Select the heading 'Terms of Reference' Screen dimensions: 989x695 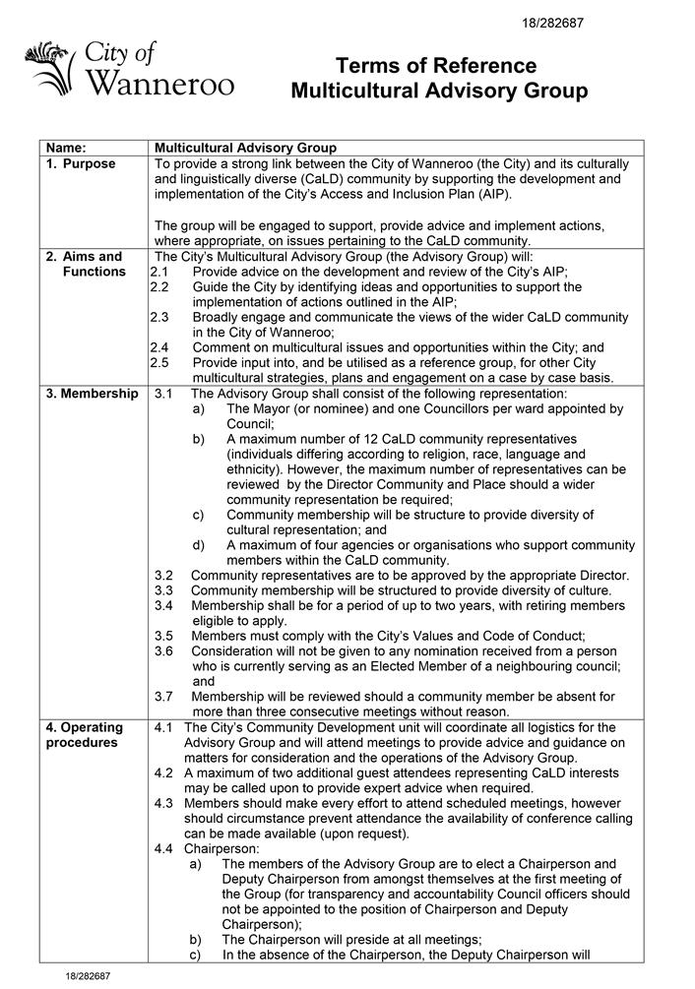click(x=438, y=66)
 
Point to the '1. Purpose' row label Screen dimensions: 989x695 click(x=81, y=163)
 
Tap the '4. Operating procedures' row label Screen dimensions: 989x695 click(x=85, y=735)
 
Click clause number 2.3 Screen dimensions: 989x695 click(x=160, y=317)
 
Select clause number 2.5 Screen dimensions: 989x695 click(x=160, y=363)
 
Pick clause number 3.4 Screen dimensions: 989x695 click(x=164, y=605)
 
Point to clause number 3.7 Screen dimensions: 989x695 click(x=164, y=696)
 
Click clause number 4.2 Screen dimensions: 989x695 click(x=164, y=773)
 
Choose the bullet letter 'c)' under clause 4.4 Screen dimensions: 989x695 click(x=195, y=954)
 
